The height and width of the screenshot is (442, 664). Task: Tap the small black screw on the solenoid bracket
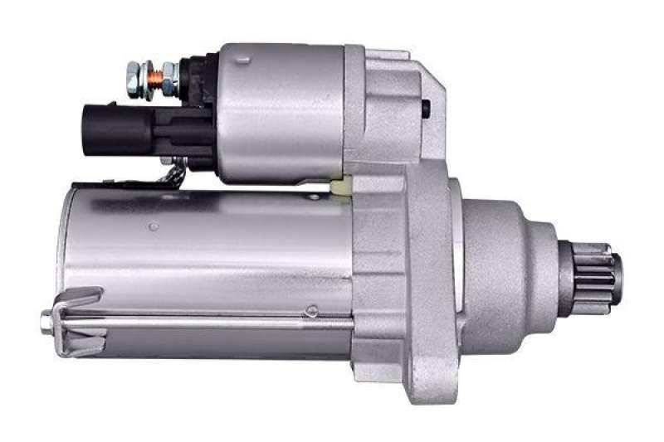(x=426, y=106)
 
